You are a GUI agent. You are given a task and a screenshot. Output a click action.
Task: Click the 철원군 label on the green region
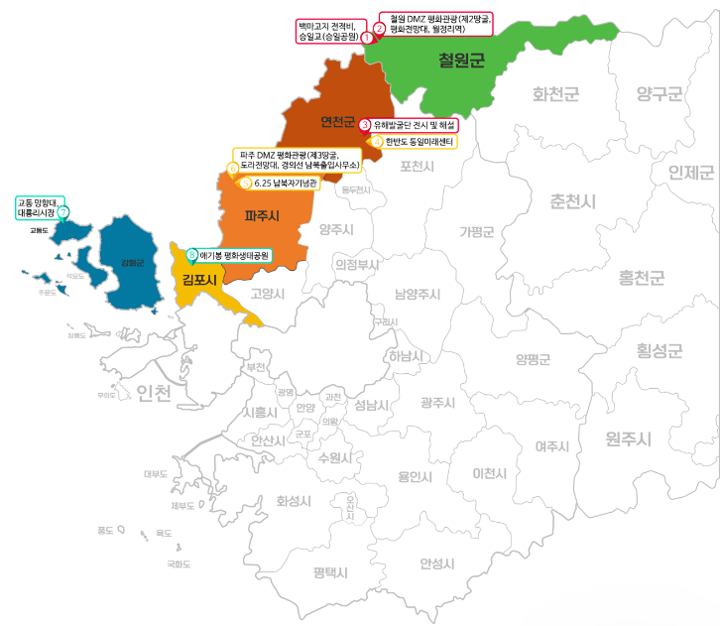tap(461, 62)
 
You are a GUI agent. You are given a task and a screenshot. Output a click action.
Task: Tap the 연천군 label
tap(337, 122)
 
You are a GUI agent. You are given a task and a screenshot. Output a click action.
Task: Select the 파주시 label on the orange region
tap(262, 214)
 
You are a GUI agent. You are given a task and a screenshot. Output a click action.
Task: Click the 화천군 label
tap(555, 94)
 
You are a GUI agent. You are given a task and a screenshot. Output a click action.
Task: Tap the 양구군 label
tap(660, 94)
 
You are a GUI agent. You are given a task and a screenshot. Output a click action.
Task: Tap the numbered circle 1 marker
tap(367, 37)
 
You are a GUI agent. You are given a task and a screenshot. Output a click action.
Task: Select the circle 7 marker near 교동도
tap(63, 211)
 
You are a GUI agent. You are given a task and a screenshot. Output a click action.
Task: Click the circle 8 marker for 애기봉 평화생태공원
tap(192, 254)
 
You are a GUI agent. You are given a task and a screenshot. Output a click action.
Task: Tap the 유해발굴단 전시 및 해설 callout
tap(416, 125)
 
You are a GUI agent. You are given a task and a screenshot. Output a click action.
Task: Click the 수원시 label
tap(335, 457)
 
